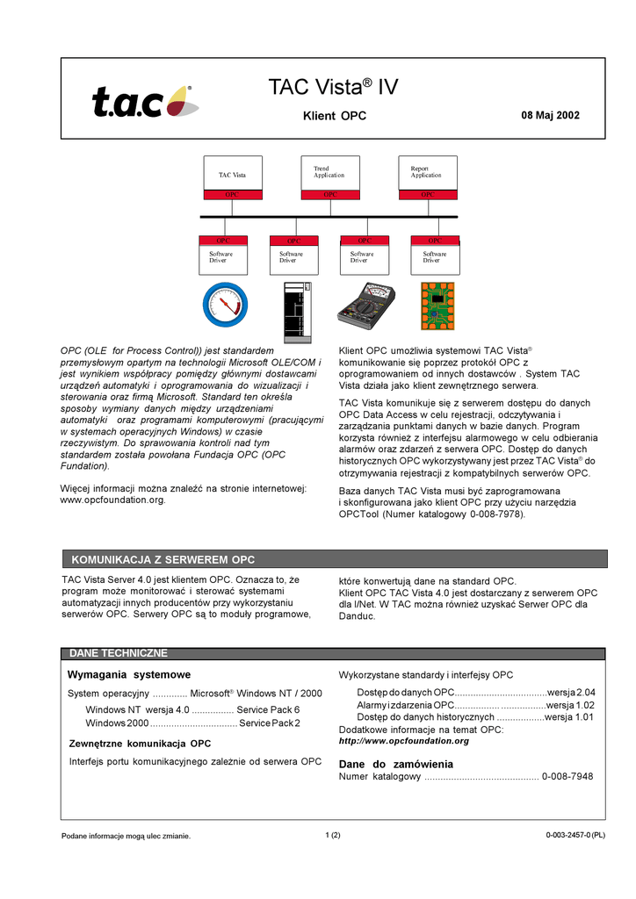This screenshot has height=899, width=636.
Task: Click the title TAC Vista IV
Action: coord(333,88)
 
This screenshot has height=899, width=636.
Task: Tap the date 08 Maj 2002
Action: coord(550,115)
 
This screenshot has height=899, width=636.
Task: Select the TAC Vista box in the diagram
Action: coord(232,176)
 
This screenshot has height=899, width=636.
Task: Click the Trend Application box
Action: coord(329,176)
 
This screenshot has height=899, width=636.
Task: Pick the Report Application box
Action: coord(427,176)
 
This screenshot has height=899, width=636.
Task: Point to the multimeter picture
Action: coord(366,305)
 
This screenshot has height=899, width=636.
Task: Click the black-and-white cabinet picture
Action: coord(297,310)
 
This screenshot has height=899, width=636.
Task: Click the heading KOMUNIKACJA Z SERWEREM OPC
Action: coord(163,559)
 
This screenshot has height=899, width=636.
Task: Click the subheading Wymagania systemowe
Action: coord(129,674)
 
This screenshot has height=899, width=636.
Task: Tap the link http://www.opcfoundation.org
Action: coord(404,741)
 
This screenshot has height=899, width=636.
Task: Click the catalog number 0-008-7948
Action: coord(567,777)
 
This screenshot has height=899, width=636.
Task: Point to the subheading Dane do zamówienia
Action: coord(396,764)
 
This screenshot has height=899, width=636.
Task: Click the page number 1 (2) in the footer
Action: coord(333,834)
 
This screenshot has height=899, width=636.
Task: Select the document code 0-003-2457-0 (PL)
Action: coord(575,835)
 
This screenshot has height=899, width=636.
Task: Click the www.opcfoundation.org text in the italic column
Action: coord(112,500)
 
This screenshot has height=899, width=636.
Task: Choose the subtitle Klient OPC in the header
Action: coord(335,116)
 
